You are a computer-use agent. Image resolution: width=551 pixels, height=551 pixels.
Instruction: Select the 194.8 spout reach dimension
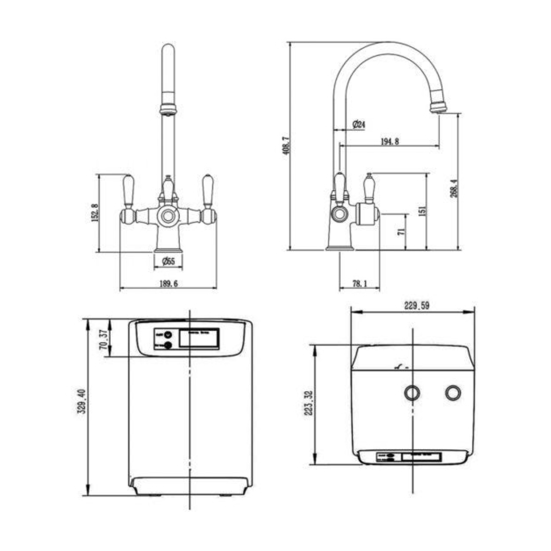(x=389, y=141)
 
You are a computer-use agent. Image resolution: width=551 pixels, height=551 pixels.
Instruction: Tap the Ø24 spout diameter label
(x=358, y=124)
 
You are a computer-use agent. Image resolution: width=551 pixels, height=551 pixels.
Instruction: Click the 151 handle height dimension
(x=422, y=211)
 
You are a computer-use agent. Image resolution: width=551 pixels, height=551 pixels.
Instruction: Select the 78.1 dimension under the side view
(x=359, y=284)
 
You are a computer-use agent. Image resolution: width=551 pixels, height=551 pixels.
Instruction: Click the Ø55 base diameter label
(x=169, y=262)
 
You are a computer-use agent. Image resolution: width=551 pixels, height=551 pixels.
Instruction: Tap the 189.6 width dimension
(x=168, y=284)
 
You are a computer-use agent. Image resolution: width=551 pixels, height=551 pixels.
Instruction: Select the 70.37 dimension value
(x=105, y=340)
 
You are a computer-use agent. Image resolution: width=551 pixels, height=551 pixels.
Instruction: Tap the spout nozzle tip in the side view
(x=438, y=108)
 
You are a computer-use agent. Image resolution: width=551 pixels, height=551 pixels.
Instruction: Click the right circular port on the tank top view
(x=453, y=393)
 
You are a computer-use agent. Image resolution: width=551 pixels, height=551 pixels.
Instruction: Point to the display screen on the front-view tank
(x=198, y=339)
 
